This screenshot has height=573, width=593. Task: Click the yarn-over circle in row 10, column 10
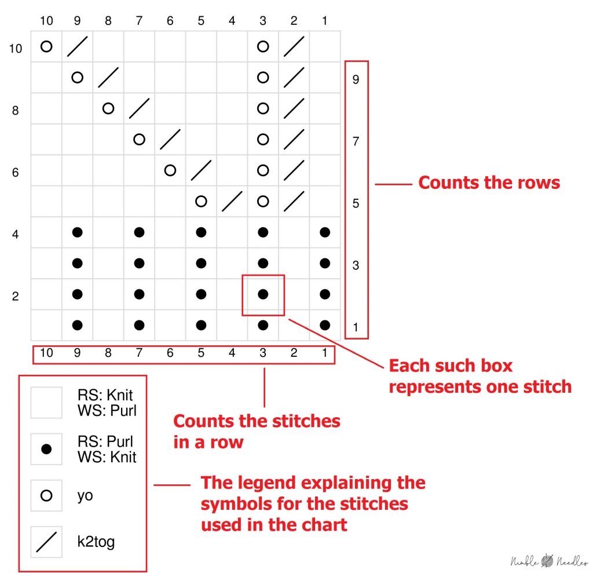pos(46,46)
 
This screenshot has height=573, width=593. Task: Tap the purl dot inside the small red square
pos(263,294)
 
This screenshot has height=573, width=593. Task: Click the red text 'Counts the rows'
pos(489,183)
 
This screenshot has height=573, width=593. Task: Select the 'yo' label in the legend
pos(85,496)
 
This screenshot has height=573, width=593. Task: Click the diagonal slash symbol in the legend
pos(46,542)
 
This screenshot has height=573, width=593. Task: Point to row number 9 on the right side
pos(356,79)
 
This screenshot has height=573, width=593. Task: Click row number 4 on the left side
pos(16,235)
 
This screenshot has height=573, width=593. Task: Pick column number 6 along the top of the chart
pos(170,21)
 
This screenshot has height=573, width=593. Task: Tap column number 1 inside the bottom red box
pos(324,352)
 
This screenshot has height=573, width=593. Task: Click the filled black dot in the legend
pos(46,449)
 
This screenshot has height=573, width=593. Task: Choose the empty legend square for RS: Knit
pos(46,403)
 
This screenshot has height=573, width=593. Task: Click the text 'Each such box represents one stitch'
pos(479,376)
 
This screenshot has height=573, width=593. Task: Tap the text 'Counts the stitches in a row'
pos(257,431)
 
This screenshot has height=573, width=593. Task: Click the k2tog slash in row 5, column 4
pos(232,201)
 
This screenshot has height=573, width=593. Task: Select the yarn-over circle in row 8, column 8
pos(108,108)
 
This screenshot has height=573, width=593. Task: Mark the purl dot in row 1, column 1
pos(324,325)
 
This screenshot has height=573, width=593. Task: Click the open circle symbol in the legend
pos(46,496)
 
